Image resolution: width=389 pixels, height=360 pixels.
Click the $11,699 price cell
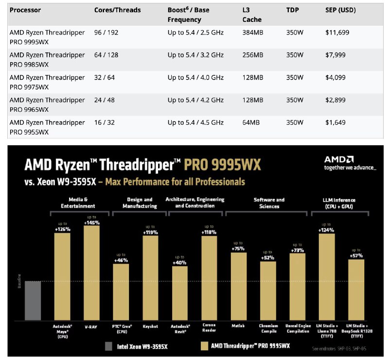[337, 33]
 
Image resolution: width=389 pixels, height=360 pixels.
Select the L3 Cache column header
[251, 15]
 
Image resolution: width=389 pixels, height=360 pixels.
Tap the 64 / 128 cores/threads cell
[106, 55]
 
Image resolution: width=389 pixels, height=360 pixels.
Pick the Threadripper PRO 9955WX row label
[47, 127]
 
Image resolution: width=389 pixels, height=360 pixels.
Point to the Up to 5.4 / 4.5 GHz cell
[195, 122]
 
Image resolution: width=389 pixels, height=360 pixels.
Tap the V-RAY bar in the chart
[91, 273]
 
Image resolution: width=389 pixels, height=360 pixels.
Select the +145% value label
[91, 222]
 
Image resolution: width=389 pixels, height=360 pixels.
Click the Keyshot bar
[150, 277]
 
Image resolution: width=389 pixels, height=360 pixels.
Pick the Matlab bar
[238, 286]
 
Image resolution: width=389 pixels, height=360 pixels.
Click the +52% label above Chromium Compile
[267, 258]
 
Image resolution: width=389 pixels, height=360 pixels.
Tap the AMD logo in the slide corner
[339, 160]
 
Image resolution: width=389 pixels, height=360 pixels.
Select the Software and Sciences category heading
[269, 203]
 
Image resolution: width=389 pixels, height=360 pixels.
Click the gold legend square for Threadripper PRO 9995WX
[204, 346]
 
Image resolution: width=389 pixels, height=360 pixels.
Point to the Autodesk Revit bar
[180, 293]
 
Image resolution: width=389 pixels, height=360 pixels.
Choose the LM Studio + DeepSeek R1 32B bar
[356, 290]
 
